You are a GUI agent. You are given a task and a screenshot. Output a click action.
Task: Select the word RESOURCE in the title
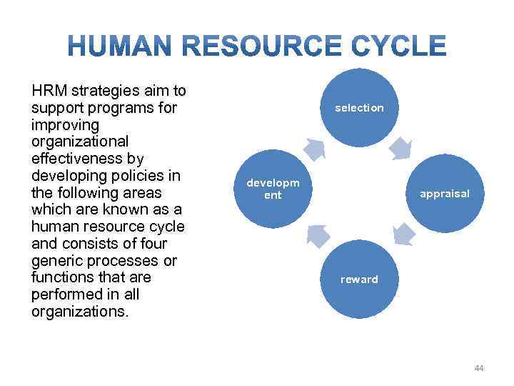(263, 47)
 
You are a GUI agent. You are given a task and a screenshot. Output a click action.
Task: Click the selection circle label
(359, 108)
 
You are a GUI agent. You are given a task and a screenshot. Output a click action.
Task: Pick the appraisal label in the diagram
(444, 194)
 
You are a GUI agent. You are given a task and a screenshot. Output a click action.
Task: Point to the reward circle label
(359, 279)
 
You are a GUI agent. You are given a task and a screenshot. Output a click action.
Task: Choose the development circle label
(273, 189)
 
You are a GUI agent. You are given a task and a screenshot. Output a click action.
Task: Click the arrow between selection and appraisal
(402, 147)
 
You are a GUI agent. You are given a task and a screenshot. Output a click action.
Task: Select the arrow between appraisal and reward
(403, 234)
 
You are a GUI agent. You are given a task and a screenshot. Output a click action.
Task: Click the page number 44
(478, 368)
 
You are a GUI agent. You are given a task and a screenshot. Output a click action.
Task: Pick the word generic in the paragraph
(58, 260)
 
